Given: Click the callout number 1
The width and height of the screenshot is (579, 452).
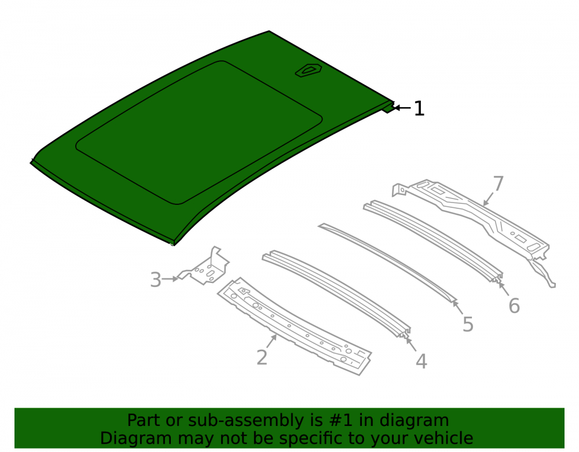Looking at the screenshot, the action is (419, 108).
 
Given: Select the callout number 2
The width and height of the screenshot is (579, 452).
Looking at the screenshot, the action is (262, 357).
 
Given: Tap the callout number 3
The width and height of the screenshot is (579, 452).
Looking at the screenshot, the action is (156, 280).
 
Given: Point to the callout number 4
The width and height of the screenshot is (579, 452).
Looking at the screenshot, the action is (422, 361).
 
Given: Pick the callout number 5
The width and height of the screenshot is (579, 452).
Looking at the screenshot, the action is (468, 324).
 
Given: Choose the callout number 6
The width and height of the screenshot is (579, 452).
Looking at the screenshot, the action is (514, 306).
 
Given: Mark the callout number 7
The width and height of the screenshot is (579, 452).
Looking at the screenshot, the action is (498, 184).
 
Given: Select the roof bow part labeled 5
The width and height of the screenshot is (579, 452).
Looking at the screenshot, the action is (388, 263).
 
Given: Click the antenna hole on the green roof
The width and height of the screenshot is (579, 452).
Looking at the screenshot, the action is (309, 70).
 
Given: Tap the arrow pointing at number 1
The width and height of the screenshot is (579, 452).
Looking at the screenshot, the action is (402, 108).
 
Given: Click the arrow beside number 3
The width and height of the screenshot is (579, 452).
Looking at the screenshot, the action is (170, 279).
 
